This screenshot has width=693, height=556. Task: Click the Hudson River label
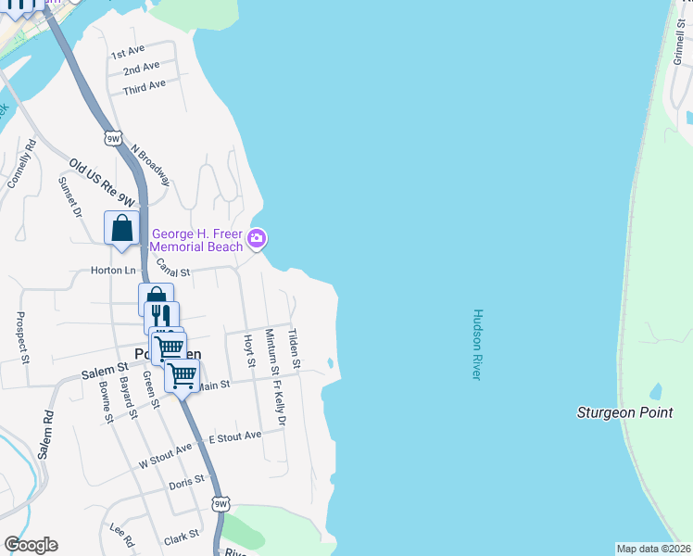click(x=477, y=344)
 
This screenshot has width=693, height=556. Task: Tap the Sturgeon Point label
click(x=624, y=412)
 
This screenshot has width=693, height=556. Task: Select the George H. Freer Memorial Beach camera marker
click(x=257, y=239)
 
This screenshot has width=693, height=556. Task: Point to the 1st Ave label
click(x=128, y=52)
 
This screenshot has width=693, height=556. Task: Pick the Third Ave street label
click(x=144, y=85)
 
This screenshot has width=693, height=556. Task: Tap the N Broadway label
click(x=151, y=164)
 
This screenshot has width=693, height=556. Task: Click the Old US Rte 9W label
click(x=102, y=183)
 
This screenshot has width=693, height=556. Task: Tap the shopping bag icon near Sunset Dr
click(x=122, y=228)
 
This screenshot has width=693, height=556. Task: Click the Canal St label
click(x=172, y=269)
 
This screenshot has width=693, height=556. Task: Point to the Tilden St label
click(x=294, y=349)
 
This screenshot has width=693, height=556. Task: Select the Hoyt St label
click(x=248, y=351)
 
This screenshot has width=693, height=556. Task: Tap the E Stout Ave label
click(x=235, y=436)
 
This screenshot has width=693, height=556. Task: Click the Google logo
click(x=31, y=545)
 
